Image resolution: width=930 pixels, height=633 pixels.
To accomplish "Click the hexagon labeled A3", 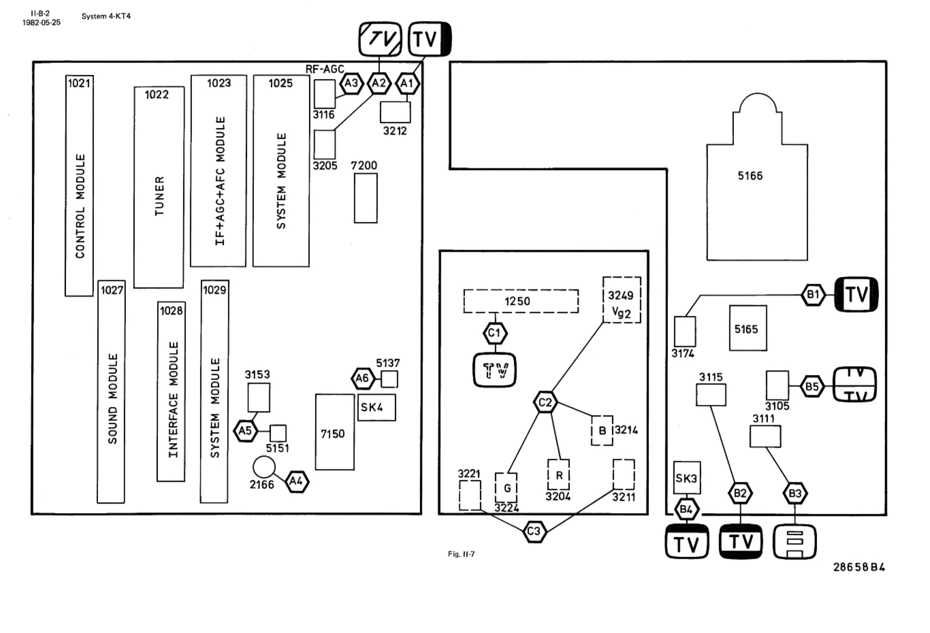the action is (x=351, y=83).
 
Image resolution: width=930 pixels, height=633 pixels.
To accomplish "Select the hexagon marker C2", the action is (x=545, y=402).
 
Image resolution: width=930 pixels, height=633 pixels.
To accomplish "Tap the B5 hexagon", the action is (x=812, y=387).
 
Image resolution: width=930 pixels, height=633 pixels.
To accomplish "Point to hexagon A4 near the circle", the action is (x=297, y=481).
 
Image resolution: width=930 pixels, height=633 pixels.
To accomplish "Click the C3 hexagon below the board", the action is (x=534, y=532).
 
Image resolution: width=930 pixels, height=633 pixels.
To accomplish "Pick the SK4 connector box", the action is (x=376, y=407).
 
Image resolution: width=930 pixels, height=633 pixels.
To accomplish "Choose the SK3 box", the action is (x=687, y=477).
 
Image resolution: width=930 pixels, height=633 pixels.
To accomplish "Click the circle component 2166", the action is (x=263, y=468).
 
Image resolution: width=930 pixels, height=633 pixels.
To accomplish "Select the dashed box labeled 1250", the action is (x=521, y=301).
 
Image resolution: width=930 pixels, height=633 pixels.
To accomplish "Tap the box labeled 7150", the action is (x=335, y=432).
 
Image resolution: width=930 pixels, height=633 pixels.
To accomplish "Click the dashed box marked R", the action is (x=558, y=475).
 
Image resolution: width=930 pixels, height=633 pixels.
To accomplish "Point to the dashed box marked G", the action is (x=506, y=488).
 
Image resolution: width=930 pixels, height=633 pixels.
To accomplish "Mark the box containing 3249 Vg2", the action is (x=622, y=299).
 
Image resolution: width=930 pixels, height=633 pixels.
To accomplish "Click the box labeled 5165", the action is (x=748, y=328).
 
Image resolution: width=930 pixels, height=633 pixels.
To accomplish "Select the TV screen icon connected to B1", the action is (x=856, y=294).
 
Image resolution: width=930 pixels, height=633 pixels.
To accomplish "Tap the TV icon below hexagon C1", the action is (x=494, y=370).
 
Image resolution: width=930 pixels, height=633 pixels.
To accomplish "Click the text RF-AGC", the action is (x=325, y=69).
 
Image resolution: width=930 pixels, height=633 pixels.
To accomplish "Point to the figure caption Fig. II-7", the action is (x=462, y=554).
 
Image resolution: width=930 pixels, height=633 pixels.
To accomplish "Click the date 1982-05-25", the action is (x=42, y=22).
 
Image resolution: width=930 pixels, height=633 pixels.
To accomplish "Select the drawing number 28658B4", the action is (x=859, y=567).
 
